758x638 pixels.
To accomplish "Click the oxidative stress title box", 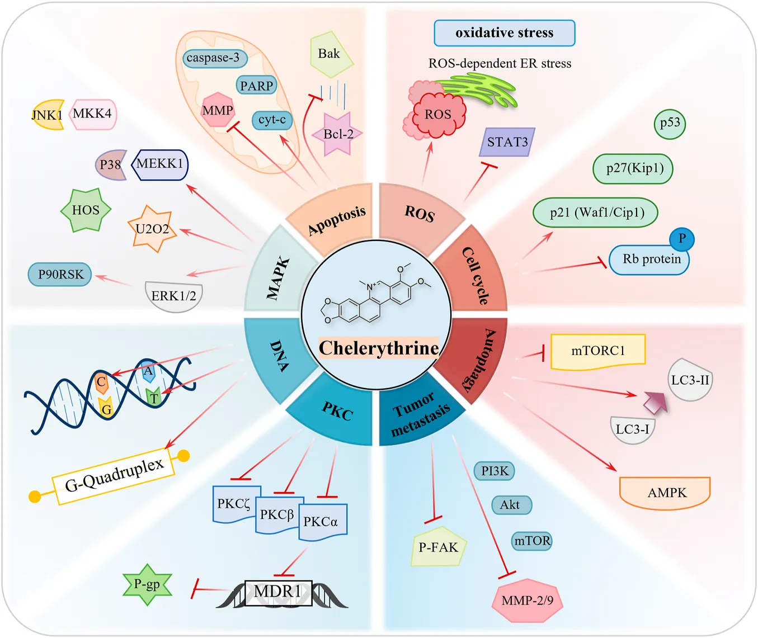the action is click(504, 33).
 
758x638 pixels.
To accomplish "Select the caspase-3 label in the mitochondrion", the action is click(214, 58).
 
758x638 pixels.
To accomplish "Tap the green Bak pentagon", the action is click(331, 54).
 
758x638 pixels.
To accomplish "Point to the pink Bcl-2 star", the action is click(338, 134).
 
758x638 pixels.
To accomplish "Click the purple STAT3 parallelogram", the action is click(507, 142).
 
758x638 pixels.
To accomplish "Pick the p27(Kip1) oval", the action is click(633, 168).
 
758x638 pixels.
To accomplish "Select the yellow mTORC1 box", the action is click(598, 351).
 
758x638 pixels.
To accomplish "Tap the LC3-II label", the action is click(690, 380).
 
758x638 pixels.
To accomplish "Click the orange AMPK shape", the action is click(665, 493).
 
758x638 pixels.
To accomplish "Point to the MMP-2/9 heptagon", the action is click(527, 601).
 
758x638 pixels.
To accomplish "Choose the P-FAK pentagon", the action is click(438, 547).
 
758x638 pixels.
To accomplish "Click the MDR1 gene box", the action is click(279, 593).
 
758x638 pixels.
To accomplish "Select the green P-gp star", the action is click(147, 585).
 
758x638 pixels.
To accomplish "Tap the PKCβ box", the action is click(276, 515).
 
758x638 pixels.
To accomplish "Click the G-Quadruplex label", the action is click(114, 475).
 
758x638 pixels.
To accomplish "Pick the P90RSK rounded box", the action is click(60, 275).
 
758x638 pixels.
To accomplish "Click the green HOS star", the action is click(86, 210).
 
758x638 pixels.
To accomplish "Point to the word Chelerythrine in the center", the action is click(379, 348).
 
